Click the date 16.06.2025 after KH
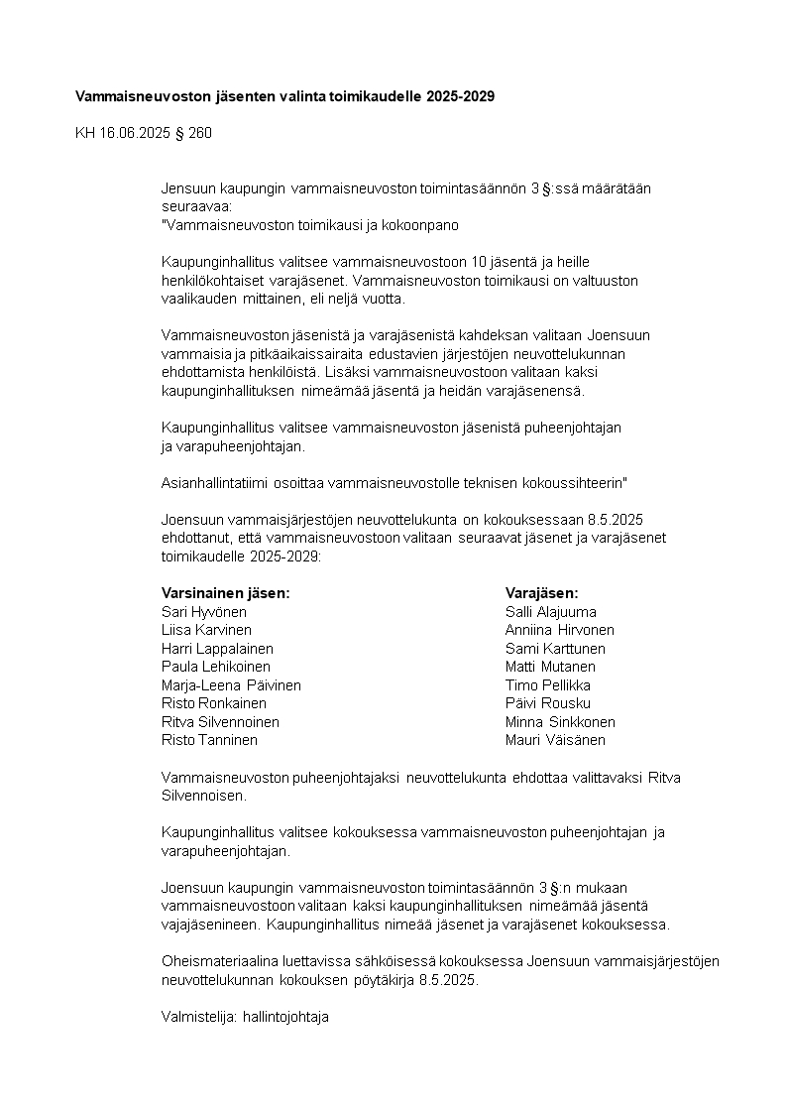[135, 133]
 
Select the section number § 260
[192, 133]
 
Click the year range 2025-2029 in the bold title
[460, 96]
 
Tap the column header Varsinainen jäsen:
[225, 593]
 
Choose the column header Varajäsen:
[541, 593]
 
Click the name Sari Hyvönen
[204, 612]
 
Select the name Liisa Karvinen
[206, 630]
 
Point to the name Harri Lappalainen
[217, 649]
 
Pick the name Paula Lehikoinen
[215, 667]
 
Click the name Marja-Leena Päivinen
[231, 685]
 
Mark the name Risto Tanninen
[209, 740]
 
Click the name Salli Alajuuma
[551, 612]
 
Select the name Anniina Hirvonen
[559, 630]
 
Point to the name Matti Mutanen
[550, 667]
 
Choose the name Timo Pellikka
[549, 685]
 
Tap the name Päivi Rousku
[547, 703]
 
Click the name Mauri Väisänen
[555, 740]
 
